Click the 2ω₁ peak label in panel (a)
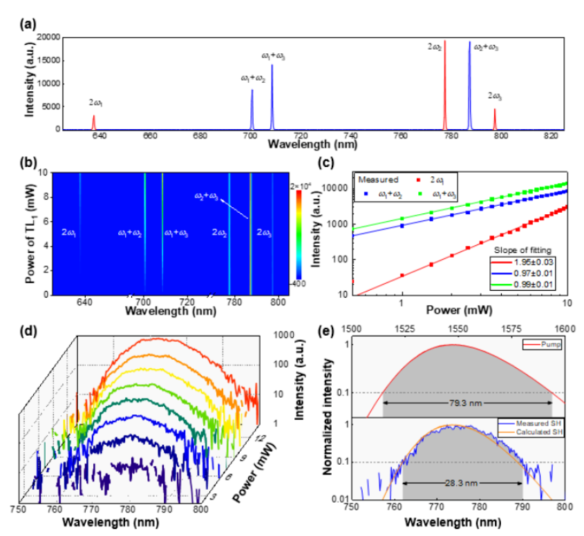point(95,102)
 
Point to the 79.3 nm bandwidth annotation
point(467,402)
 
